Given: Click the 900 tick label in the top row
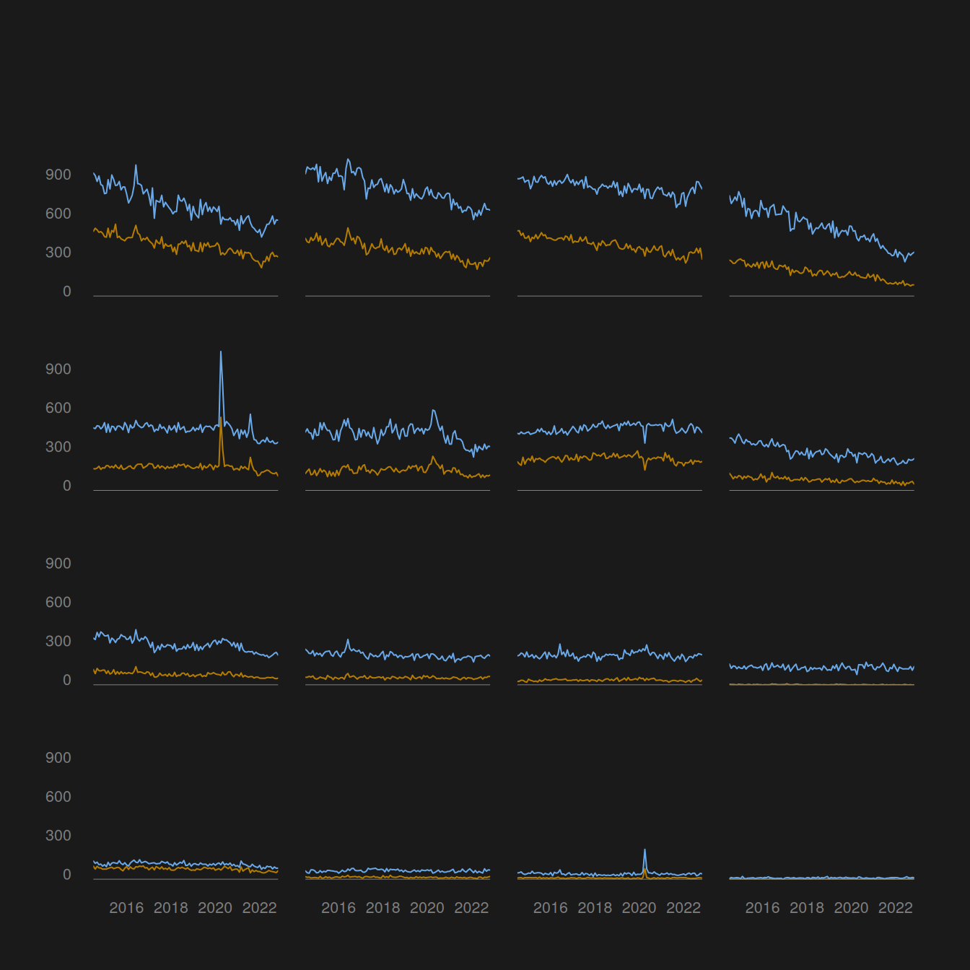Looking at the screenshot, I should (x=58, y=175).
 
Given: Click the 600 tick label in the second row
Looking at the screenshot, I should (x=58, y=408).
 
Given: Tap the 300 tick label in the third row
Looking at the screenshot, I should (x=58, y=641).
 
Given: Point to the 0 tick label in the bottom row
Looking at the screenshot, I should (x=66, y=874).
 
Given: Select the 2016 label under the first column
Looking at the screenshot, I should (x=126, y=908).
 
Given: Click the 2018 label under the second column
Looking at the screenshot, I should (x=383, y=908).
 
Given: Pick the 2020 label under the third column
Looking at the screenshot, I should (x=639, y=908).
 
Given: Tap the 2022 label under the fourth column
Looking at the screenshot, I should (x=895, y=908).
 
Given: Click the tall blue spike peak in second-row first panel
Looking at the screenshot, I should (x=220, y=352).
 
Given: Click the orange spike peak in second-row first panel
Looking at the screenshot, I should (x=220, y=418).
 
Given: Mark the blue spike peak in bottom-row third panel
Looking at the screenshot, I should (x=645, y=850).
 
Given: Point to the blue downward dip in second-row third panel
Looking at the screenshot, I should (x=645, y=442).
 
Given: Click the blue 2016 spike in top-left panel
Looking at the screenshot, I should (x=136, y=165).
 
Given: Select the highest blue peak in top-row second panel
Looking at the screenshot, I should (x=348, y=160).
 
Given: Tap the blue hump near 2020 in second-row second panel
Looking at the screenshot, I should (x=433, y=411).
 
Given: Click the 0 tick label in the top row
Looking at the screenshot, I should (x=66, y=292).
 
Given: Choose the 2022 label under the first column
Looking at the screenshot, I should (x=259, y=908).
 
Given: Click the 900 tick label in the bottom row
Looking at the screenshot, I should (x=58, y=758).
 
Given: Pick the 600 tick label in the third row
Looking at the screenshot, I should (x=58, y=602).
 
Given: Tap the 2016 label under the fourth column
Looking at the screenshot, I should (x=762, y=908).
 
